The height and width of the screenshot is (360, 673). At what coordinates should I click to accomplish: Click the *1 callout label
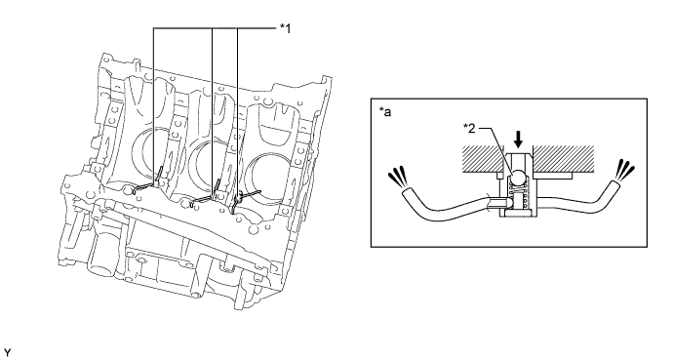pos(286,28)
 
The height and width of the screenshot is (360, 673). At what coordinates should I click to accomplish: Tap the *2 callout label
pos(469,128)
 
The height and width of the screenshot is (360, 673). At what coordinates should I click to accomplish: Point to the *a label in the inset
pos(385,112)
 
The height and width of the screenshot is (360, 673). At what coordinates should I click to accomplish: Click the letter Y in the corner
pos(7,353)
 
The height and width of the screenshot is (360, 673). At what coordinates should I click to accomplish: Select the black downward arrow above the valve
pos(519,140)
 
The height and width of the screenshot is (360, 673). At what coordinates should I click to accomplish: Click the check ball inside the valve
pos(518,176)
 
